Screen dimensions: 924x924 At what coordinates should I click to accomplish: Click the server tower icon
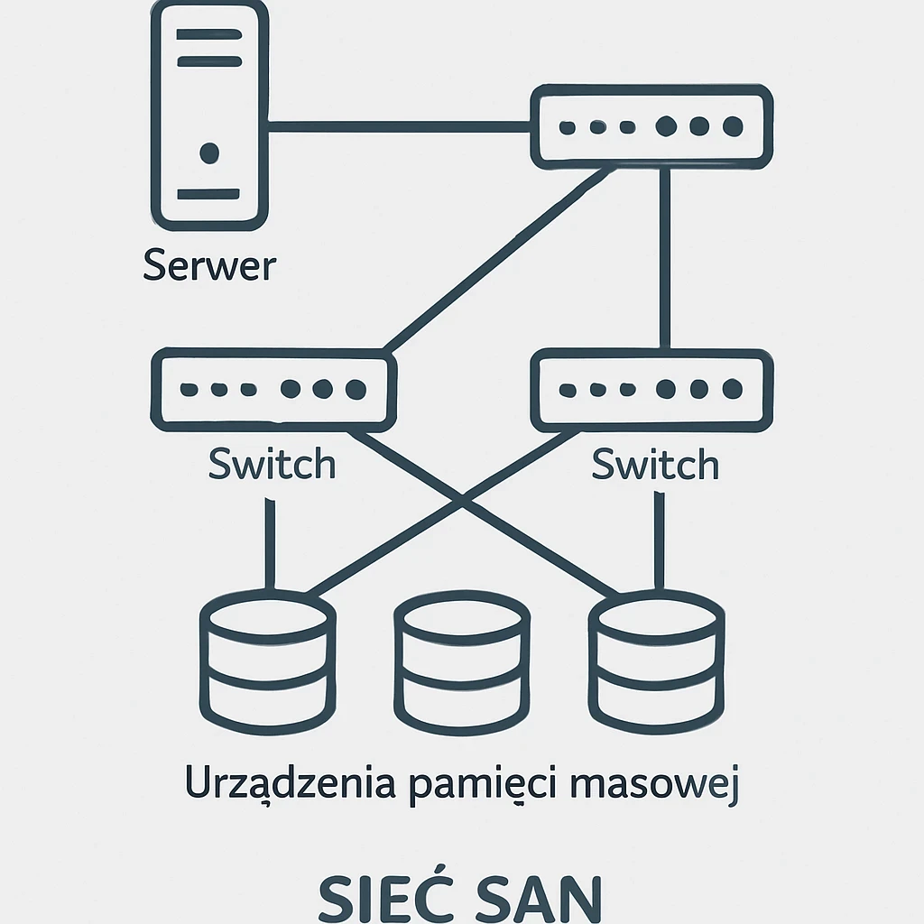209,115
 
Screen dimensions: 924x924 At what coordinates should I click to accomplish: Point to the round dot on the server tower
209,152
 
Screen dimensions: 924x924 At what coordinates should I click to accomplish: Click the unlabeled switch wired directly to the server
651,126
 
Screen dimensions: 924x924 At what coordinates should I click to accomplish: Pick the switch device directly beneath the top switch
651,390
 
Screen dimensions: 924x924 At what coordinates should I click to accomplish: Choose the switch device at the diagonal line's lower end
273,390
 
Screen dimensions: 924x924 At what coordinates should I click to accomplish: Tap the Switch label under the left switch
272,465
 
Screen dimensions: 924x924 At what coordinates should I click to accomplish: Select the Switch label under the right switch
655,465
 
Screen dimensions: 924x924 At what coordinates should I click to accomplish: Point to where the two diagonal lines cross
462,499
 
